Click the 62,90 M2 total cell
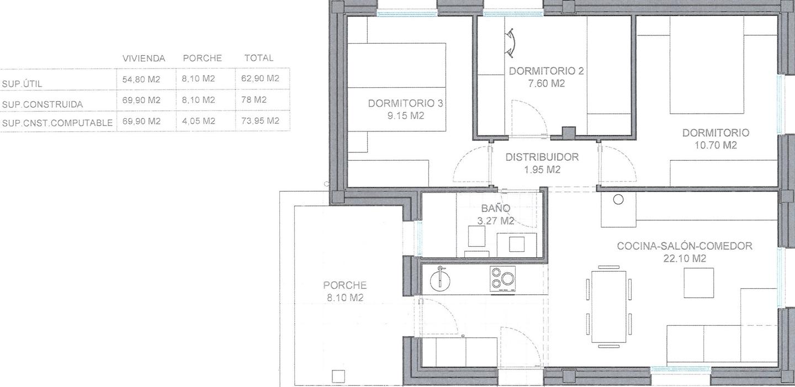(x=260, y=78)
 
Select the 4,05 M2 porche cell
(x=198, y=121)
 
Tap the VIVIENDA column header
(x=144, y=58)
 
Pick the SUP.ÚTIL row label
(x=22, y=84)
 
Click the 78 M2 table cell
(x=254, y=100)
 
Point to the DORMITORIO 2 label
(x=546, y=71)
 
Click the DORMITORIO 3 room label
(x=405, y=103)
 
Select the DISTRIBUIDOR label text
(x=542, y=157)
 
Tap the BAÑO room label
(x=495, y=208)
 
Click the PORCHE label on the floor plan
(x=344, y=285)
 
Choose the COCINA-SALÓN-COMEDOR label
(x=684, y=246)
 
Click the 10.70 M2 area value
(x=715, y=145)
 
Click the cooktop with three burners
(x=502, y=279)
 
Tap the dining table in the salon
(x=608, y=307)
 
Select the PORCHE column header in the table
(x=202, y=58)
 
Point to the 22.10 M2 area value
(x=685, y=258)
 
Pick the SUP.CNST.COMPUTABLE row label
(x=57, y=123)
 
